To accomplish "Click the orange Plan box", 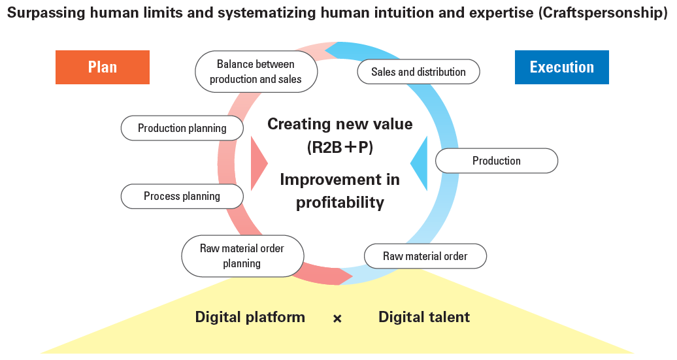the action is click(103, 67).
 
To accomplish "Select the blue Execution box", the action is click(562, 67).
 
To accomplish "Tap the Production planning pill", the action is click(182, 128).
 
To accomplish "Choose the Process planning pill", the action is click(182, 197).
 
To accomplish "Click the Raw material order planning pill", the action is click(242, 256).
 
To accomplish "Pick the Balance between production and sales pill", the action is click(256, 72).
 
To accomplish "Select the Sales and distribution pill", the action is click(418, 72).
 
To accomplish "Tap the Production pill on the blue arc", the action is click(497, 161).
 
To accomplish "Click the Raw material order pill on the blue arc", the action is click(425, 256).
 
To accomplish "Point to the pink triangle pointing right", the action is click(258, 163).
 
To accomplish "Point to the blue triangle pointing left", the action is click(420, 163).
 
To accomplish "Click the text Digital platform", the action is click(250, 318).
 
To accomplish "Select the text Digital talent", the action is click(424, 318).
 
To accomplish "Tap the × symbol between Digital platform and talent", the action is click(337, 319).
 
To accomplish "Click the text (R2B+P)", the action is click(340, 148).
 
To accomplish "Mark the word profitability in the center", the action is click(340, 203).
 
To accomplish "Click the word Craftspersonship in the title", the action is click(603, 12).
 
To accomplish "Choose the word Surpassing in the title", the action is click(46, 12).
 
